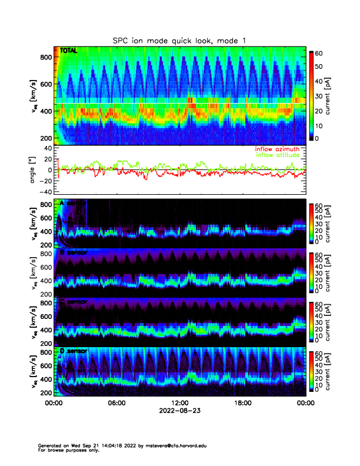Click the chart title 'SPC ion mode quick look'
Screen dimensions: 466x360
click(x=179, y=40)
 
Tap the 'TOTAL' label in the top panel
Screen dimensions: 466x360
click(x=69, y=51)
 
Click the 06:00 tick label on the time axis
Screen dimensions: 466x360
click(x=116, y=403)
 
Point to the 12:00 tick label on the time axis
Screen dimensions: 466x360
click(x=179, y=403)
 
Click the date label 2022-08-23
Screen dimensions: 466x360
click(x=179, y=411)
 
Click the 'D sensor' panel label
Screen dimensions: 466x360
click(x=74, y=351)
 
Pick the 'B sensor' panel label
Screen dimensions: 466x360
click(x=74, y=252)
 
